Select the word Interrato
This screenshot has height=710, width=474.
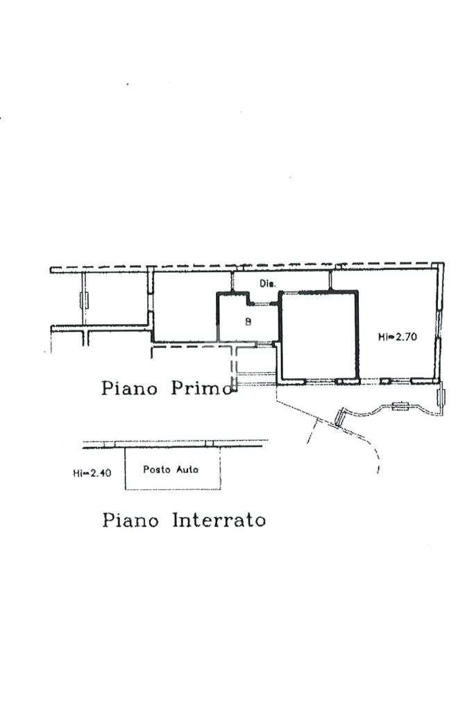tap(219, 519)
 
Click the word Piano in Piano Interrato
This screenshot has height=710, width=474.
tap(130, 519)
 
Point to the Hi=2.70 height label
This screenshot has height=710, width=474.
tap(396, 337)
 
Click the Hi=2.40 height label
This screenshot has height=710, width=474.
tap(91, 474)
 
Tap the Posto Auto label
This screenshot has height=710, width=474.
tap(171, 469)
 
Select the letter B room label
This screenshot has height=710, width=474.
tap(248, 321)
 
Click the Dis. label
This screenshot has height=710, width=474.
tap(268, 283)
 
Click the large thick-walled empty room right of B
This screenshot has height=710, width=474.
tap(319, 337)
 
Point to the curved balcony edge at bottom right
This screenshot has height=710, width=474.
tap(375, 412)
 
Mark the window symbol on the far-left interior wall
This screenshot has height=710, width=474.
tap(84, 300)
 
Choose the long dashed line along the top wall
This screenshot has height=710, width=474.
tap(243, 267)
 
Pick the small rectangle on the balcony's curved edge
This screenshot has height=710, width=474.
tap(400, 407)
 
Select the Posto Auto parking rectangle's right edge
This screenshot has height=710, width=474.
tap(220, 468)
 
